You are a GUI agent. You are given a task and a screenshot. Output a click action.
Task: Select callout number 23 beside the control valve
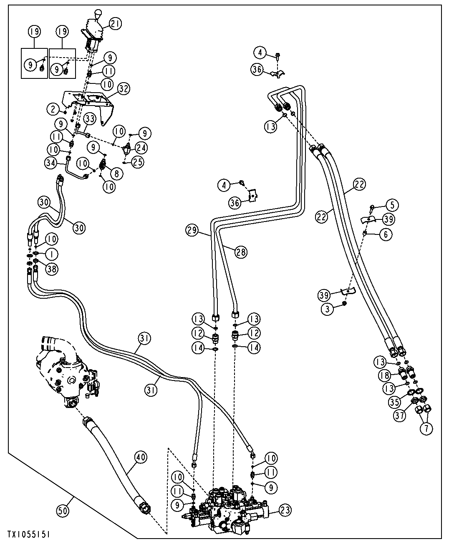[x=285, y=510]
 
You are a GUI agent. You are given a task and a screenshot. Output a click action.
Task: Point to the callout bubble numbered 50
[x=63, y=511]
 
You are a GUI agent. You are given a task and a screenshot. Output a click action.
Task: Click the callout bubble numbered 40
[x=141, y=457]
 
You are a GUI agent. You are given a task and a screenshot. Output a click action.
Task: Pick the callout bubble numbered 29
[x=192, y=230]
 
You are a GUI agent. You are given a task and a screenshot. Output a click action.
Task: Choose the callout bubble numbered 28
[x=241, y=252]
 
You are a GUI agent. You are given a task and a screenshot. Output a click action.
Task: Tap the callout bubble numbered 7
[x=426, y=428]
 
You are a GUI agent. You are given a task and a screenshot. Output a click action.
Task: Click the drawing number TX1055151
[x=28, y=535]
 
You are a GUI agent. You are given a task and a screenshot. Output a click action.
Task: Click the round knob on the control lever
[x=98, y=13]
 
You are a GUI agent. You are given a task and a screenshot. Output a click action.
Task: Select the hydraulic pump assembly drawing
[x=68, y=372]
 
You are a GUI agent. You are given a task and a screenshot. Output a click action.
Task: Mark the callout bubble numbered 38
[x=52, y=269]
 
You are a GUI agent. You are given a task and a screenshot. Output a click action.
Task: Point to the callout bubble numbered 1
[x=52, y=254]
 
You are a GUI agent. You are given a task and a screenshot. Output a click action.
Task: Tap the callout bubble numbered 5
[x=392, y=205]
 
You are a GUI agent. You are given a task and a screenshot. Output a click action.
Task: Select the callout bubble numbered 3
[x=328, y=309]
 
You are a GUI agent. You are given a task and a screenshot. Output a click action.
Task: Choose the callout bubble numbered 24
[x=141, y=148]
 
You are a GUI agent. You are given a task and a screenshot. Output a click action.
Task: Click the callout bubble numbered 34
[x=51, y=163]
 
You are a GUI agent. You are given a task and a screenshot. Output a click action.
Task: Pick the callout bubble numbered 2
[x=53, y=109]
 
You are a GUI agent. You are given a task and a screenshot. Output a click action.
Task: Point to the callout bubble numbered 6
[x=386, y=234]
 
